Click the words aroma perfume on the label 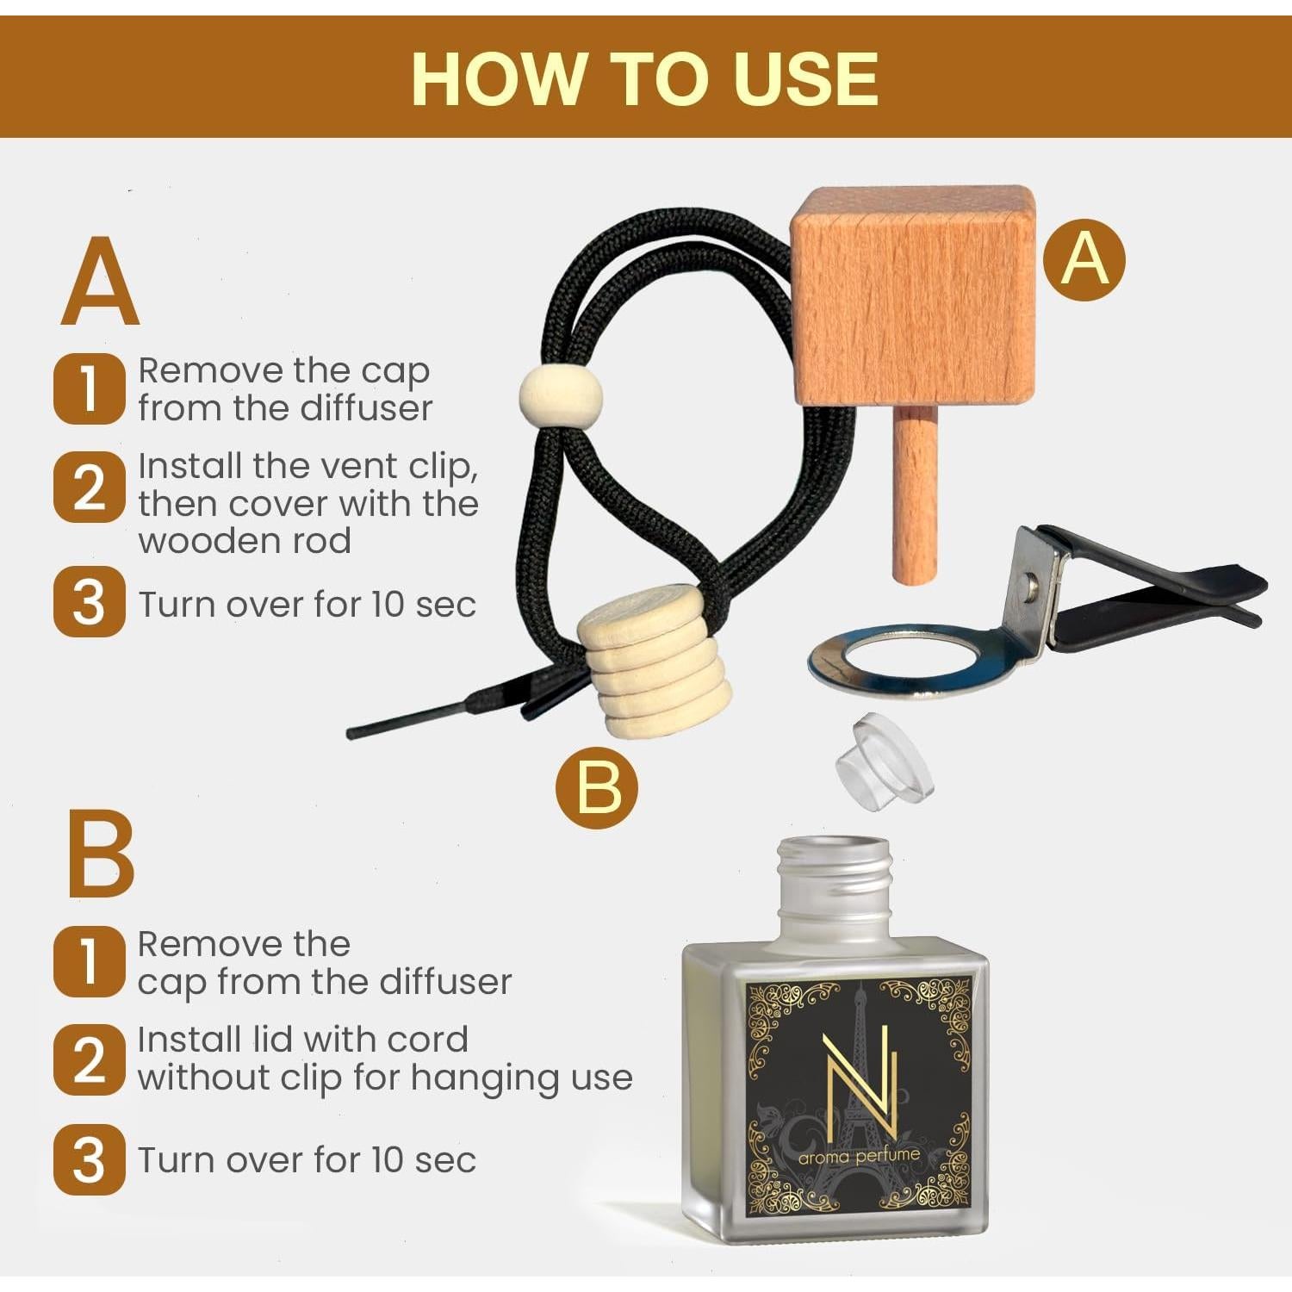pos(859,1156)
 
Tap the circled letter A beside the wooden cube pos(1084,258)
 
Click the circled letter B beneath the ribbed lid pos(596,786)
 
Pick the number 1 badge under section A pos(89,388)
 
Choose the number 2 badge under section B pos(89,1059)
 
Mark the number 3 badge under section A pos(89,602)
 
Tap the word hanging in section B pos(466,1078)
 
